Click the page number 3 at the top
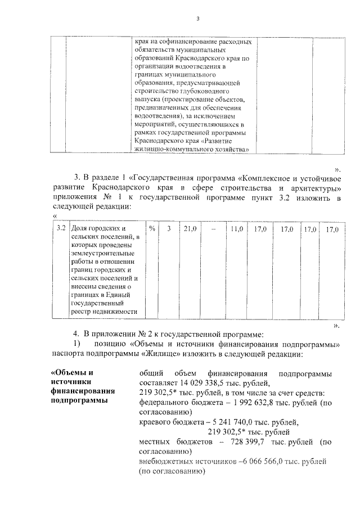pyautogui.click(x=197, y=20)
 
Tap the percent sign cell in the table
pyautogui.click(x=152, y=229)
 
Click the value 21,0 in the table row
pyautogui.click(x=190, y=229)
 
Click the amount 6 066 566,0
pyautogui.click(x=263, y=462)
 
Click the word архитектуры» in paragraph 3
pyautogui.click(x=314, y=186)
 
